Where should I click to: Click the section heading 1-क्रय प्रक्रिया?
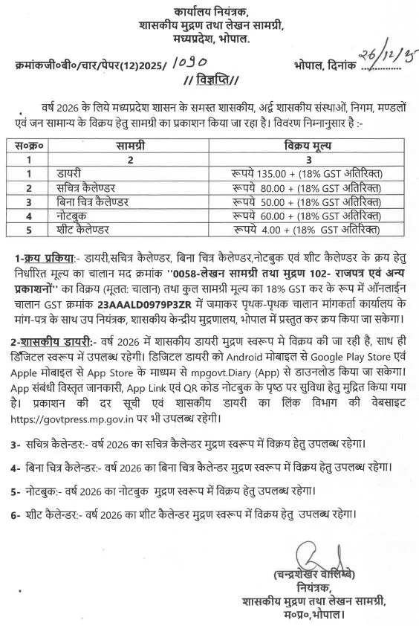45,258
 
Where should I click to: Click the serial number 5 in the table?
29,229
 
